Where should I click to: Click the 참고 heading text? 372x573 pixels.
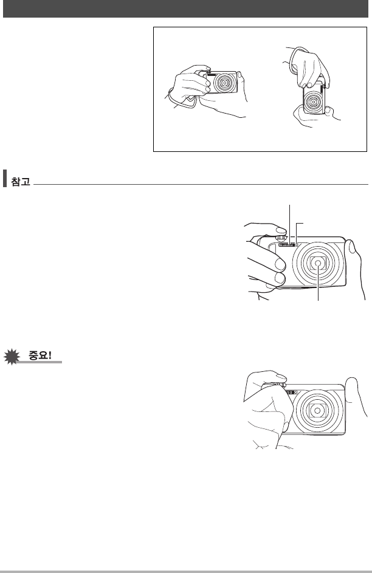pos(21,181)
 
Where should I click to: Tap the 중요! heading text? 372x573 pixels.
pos(40,355)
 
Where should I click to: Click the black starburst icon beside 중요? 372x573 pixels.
pos(12,357)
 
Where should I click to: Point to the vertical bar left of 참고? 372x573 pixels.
pos(5,178)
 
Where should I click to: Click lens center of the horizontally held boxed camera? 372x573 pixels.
pos(224,83)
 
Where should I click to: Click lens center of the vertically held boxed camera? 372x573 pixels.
pos(313,102)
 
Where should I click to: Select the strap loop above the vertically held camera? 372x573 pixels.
pos(297,60)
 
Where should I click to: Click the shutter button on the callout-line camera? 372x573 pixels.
pos(281,238)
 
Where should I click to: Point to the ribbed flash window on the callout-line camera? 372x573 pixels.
pos(288,245)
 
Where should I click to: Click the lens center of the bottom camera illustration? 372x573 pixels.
pos(317,411)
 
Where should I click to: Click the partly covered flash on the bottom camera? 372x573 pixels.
pos(290,392)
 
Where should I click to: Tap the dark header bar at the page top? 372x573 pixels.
pos(185,9)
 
